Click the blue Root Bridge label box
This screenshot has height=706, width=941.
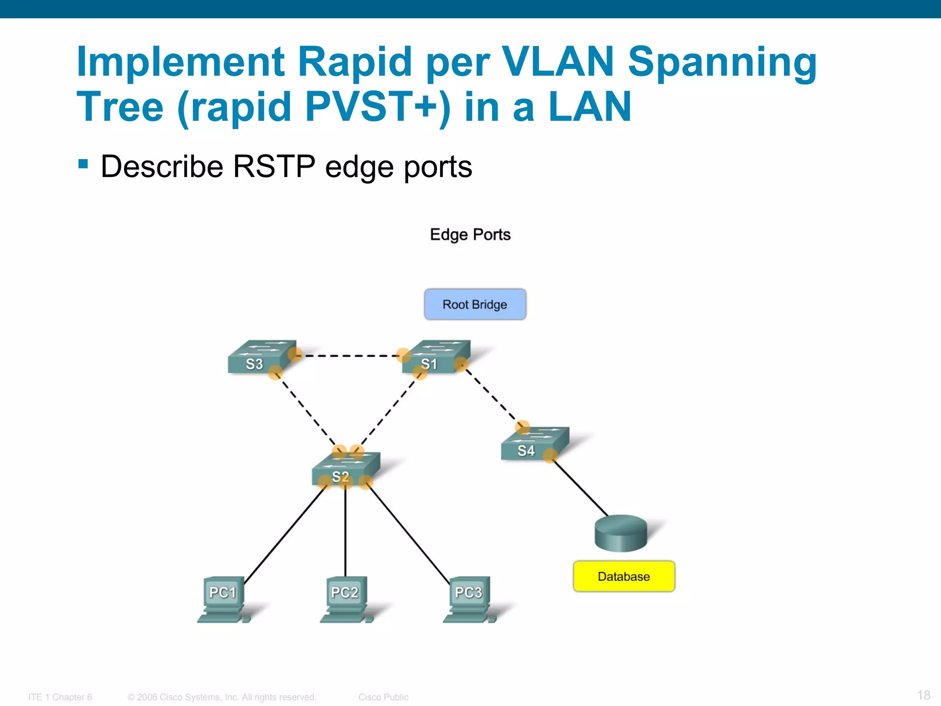point(475,304)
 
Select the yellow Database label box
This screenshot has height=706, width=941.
point(624,576)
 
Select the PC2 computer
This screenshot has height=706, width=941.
point(346,598)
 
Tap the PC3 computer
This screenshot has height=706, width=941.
point(469,598)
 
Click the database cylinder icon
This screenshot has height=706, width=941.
point(621,533)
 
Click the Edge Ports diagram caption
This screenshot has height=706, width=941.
point(470,235)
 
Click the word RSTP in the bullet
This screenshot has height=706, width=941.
point(274,166)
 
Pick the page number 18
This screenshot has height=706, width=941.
point(923,695)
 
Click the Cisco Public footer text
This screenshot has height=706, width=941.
point(383,697)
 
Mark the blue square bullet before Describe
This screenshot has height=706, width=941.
point(83,164)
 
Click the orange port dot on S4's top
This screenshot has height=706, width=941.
point(522,427)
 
